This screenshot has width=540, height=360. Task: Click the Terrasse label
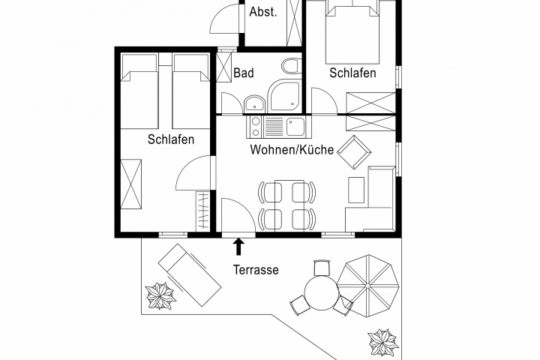point(256,269)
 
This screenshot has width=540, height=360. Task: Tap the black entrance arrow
point(238,247)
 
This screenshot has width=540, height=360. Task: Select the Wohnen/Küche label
point(292,149)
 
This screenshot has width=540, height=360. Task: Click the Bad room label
point(244,73)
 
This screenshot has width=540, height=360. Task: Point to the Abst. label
point(263,12)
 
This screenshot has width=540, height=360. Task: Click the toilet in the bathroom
point(291,66)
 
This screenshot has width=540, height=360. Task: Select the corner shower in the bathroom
point(285,96)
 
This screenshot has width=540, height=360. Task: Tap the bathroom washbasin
point(254,104)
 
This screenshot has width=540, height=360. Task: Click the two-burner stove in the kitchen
point(255,127)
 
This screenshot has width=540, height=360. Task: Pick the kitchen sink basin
point(295,127)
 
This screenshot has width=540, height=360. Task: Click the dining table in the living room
point(289,205)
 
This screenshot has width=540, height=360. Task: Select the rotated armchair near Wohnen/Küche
point(354,152)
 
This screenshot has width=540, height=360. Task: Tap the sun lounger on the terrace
point(190,275)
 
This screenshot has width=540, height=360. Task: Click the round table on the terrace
point(321,293)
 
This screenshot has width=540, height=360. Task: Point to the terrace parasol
point(367,286)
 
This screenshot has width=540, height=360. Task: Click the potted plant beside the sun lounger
point(160,295)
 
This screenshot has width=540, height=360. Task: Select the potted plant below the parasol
point(383,343)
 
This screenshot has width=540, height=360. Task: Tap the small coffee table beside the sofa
point(356,190)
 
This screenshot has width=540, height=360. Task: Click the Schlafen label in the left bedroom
point(171,139)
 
